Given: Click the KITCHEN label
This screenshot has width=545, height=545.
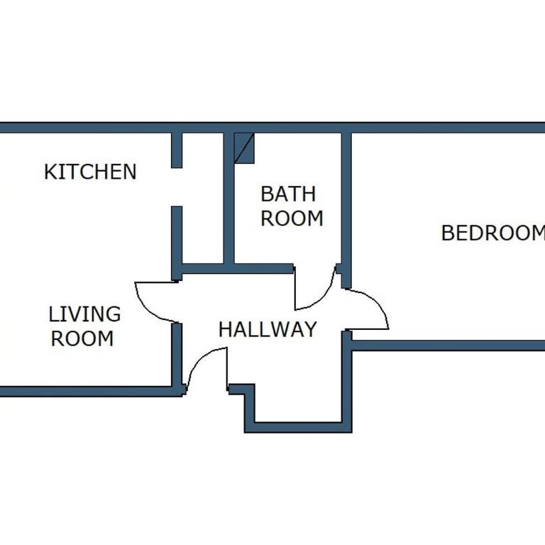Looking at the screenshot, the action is coord(90,172).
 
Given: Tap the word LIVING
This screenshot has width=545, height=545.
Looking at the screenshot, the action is coord(85,314).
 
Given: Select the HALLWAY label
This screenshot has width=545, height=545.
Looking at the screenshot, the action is coord(268,329).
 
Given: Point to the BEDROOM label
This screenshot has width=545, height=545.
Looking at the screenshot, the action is coord(493,233).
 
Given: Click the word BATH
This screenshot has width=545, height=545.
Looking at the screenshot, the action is coord(289,194).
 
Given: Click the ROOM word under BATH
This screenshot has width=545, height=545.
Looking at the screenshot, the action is coord(292,219).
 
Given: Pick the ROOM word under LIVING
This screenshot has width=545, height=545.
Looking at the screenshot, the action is coord(82,338).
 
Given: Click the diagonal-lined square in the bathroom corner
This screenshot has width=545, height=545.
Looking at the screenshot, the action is coord(244,148).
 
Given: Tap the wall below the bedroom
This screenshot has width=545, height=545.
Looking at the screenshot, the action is coord(448,346).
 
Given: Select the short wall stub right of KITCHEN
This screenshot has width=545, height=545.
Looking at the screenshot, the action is coord(177,150).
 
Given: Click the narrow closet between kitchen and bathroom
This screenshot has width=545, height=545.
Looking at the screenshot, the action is coord(203,198).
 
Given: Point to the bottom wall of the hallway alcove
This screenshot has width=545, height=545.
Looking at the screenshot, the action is coord(298,427).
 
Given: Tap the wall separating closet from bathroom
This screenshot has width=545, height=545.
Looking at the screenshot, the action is coord(229,198).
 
